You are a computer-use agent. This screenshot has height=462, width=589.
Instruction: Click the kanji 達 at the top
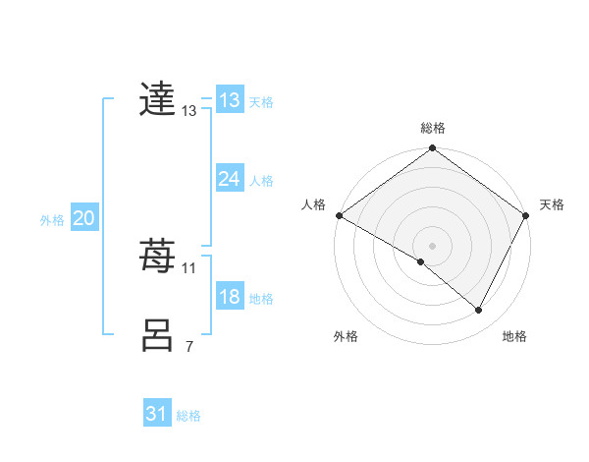tap(158, 99)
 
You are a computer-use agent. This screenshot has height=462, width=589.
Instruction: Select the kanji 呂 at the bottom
tap(158, 335)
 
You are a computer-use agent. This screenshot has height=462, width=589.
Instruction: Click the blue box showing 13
tap(229, 100)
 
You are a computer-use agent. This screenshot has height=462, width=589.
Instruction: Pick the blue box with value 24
tap(229, 179)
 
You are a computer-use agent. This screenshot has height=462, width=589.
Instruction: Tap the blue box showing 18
tap(229, 297)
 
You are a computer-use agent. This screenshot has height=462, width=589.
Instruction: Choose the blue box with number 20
tap(83, 218)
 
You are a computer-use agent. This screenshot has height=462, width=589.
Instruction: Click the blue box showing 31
tap(157, 414)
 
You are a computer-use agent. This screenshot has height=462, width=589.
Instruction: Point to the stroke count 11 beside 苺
tap(189, 267)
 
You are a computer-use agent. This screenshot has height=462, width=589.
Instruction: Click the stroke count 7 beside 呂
tap(189, 346)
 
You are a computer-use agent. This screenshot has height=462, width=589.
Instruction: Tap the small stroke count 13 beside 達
tap(189, 111)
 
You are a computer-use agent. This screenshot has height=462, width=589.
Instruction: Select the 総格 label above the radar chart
tap(433, 128)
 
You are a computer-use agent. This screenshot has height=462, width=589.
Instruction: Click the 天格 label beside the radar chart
tap(552, 204)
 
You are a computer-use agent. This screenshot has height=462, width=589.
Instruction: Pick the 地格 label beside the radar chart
tap(514, 336)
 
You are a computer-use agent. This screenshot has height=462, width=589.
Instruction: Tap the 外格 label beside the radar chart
tap(346, 336)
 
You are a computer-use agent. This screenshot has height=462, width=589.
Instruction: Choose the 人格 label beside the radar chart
tap(313, 204)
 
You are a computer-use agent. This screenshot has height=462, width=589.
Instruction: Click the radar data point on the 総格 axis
tap(433, 149)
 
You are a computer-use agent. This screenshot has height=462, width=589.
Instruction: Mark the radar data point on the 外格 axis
tap(421, 261)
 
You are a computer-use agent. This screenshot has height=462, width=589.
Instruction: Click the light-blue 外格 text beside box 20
tap(52, 220)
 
